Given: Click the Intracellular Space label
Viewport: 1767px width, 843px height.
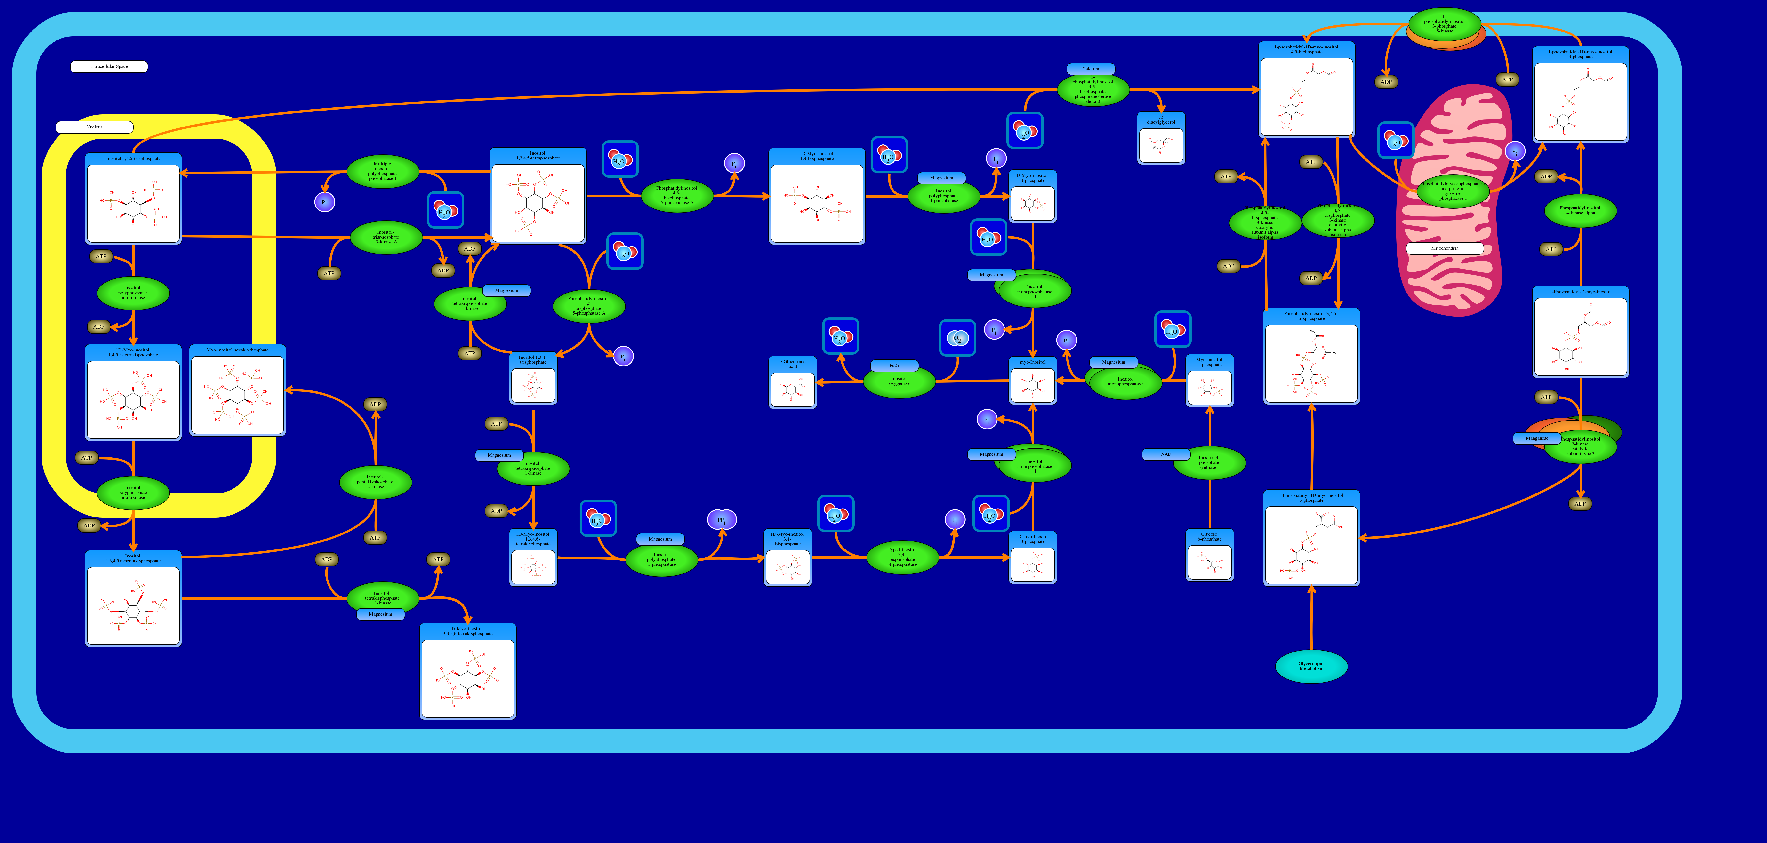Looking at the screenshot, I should click(x=109, y=67).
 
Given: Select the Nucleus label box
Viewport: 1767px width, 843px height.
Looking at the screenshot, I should click(x=95, y=127).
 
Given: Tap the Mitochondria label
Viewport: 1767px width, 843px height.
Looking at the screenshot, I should click(x=1445, y=248).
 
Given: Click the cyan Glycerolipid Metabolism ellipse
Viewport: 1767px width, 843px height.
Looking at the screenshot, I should click(x=1311, y=666).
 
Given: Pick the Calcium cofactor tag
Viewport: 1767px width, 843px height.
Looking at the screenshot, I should click(x=1091, y=69).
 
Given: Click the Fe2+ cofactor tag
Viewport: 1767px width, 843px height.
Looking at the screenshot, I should click(x=894, y=366).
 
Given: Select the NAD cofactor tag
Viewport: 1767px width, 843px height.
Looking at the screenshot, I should click(x=1165, y=454).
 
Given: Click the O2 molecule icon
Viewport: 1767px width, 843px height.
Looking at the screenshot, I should click(x=958, y=338).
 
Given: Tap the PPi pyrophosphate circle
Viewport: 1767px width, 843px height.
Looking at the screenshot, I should click(x=722, y=520).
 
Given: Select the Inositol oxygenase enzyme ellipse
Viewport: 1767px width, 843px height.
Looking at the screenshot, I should click(x=899, y=381).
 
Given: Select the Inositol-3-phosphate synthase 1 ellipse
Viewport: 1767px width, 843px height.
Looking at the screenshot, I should click(x=1209, y=463).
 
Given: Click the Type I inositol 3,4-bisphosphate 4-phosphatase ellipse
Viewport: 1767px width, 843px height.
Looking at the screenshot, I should click(x=902, y=557).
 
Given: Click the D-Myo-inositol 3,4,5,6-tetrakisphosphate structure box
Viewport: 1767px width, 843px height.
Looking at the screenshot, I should click(x=468, y=671).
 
